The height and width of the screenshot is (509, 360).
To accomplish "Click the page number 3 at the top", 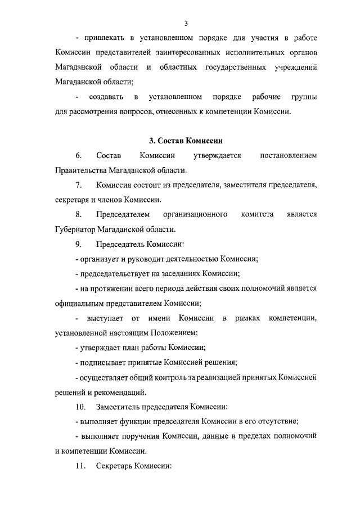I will tap(186, 23).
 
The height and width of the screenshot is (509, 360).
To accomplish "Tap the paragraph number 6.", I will tap(78, 155).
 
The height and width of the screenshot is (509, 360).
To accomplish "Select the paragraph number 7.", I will tap(78, 185).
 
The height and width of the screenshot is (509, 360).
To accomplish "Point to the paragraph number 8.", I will tap(78, 214).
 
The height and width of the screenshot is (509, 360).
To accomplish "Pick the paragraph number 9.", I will tap(78, 244).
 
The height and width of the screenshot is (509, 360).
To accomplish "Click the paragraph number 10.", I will tap(80, 407).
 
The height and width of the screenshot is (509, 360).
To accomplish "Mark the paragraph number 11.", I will tap(80, 466).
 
